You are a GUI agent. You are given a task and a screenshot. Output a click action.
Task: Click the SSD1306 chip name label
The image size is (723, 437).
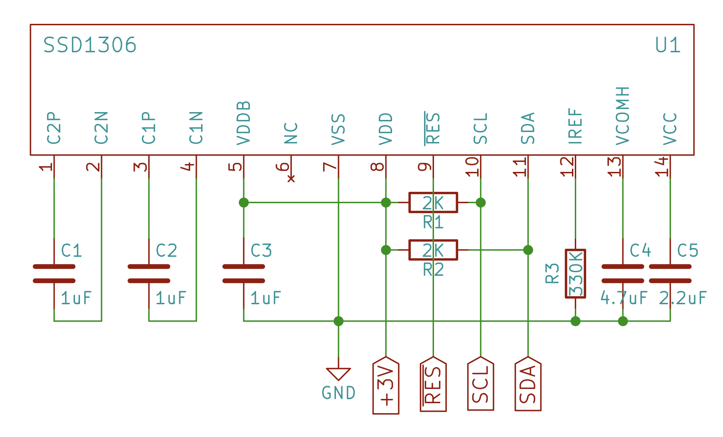pyautogui.click(x=90, y=45)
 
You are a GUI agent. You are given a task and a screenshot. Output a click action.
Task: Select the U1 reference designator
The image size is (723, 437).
pyautogui.click(x=668, y=45)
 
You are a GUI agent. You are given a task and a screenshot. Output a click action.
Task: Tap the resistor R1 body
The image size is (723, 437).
pyautogui.click(x=433, y=202)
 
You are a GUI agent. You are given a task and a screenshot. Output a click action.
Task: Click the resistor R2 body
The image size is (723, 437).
pyautogui.click(x=433, y=250)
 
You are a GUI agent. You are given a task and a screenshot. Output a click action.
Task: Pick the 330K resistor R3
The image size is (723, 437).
pyautogui.click(x=575, y=273)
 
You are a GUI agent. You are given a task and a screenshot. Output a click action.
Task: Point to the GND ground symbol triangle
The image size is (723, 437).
pyautogui.click(x=338, y=374)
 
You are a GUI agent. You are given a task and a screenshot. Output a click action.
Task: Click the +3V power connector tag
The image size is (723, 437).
pyautogui.click(x=386, y=386)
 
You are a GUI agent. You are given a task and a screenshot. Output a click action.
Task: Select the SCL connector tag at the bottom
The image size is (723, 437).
pyautogui.click(x=481, y=384)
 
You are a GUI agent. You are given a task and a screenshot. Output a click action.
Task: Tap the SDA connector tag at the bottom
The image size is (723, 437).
pyautogui.click(x=528, y=384)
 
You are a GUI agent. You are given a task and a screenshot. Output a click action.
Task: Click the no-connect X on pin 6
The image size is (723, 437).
pyautogui.click(x=291, y=179)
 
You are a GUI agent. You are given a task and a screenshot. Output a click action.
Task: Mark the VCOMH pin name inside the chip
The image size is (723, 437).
pyautogui.click(x=622, y=116)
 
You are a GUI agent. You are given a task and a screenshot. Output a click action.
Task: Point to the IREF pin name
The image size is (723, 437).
pyautogui.click(x=575, y=126)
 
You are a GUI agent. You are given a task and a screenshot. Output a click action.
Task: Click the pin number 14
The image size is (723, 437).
pyautogui.click(x=662, y=167)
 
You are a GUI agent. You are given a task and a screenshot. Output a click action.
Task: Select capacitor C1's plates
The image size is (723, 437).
pyautogui.click(x=54, y=274)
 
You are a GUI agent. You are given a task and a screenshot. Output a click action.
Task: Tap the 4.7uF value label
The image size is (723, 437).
pyautogui.click(x=624, y=298)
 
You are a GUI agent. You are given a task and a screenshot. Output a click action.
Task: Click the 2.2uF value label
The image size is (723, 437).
pyautogui.click(x=682, y=298)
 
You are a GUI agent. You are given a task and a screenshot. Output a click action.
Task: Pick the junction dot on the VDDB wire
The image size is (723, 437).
pyautogui.click(x=243, y=202)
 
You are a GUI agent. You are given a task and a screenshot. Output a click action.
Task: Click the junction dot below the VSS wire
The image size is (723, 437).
pyautogui.click(x=338, y=321)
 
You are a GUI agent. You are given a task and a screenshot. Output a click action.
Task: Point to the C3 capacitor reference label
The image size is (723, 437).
pyautogui.click(x=261, y=251)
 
